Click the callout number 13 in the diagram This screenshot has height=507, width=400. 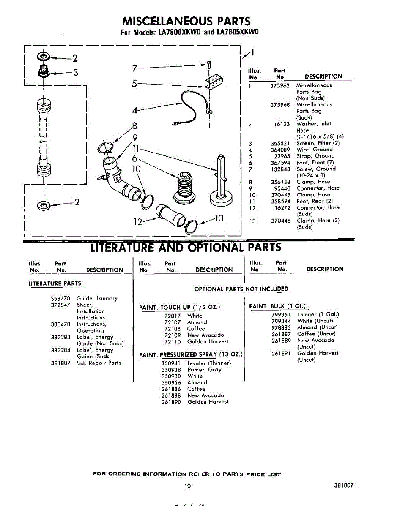pyautogui.click(x=219, y=218)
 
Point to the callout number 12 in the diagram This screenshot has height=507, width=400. pyautogui.click(x=138, y=221)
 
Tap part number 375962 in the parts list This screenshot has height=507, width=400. pyautogui.click(x=280, y=85)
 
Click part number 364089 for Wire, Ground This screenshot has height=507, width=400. pyautogui.click(x=280, y=150)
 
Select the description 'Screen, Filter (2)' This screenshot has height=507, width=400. pyautogui.click(x=318, y=143)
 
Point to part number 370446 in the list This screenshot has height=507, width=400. pyautogui.click(x=281, y=221)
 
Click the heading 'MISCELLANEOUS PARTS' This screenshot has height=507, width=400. pyautogui.click(x=186, y=21)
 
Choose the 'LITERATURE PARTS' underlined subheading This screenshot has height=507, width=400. pyautogui.click(x=55, y=283)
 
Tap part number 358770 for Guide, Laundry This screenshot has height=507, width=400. pyautogui.click(x=60, y=298)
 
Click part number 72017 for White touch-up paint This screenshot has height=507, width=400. pyautogui.click(x=172, y=316)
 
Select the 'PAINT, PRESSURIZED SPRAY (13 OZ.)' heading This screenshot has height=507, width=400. pyautogui.click(x=191, y=354)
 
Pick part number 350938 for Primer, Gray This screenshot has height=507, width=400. pyautogui.click(x=171, y=370)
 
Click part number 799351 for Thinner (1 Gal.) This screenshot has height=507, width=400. pyautogui.click(x=281, y=314)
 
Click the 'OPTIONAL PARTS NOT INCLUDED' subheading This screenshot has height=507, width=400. pyautogui.click(x=241, y=289)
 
